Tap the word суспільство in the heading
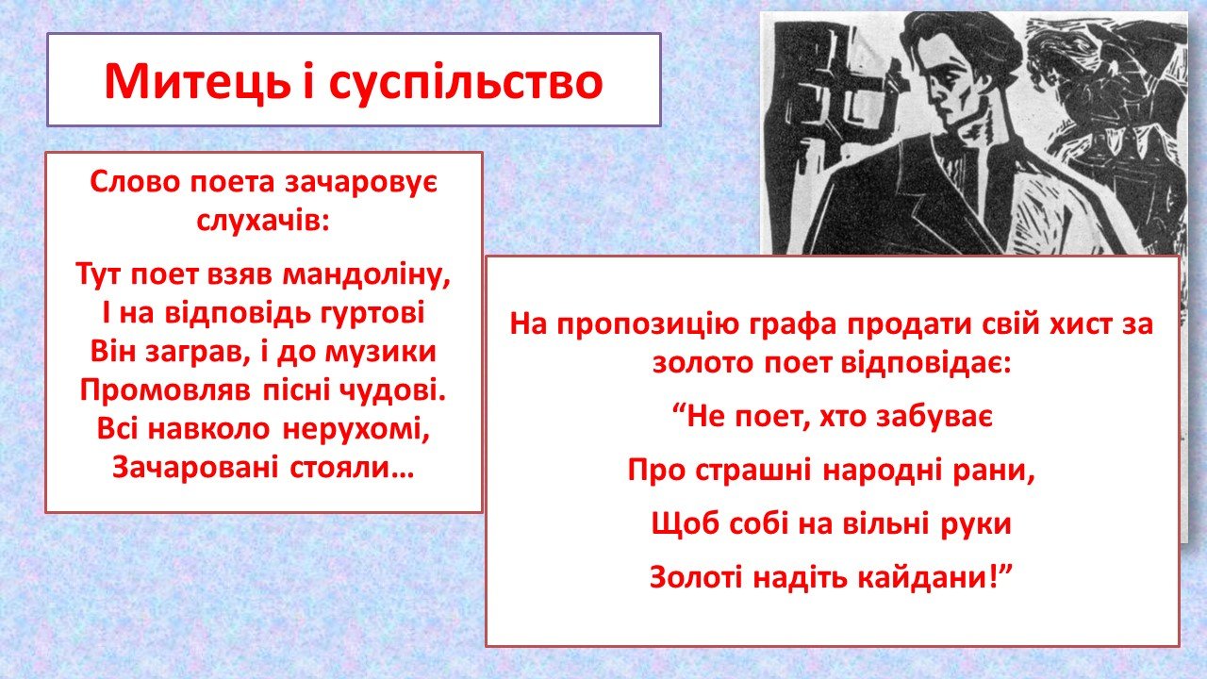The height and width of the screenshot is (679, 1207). (x=466, y=82)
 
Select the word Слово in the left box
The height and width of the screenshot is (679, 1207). (x=135, y=182)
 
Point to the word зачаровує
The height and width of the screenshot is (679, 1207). (x=361, y=182)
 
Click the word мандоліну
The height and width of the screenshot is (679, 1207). (x=367, y=274)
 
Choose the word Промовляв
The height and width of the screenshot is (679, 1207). (x=165, y=390)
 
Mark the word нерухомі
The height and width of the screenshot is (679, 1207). (x=356, y=429)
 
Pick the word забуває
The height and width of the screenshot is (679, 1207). (x=934, y=417)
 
